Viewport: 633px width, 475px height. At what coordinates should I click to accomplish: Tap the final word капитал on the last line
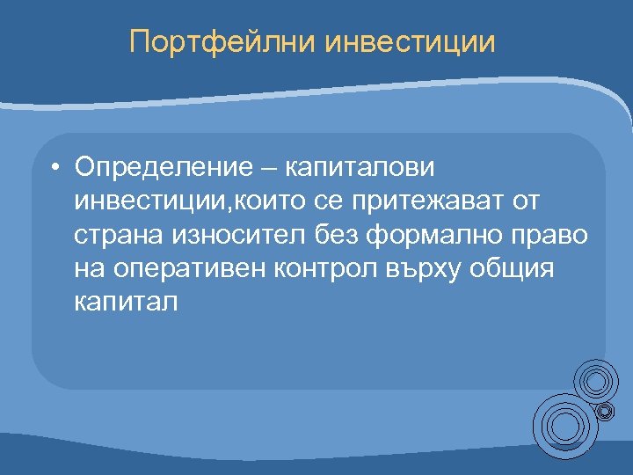coord(127,303)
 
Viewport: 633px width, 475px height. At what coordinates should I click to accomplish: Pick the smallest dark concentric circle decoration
coord(605,411)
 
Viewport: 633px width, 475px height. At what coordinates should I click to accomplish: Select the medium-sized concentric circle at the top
coord(596,381)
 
